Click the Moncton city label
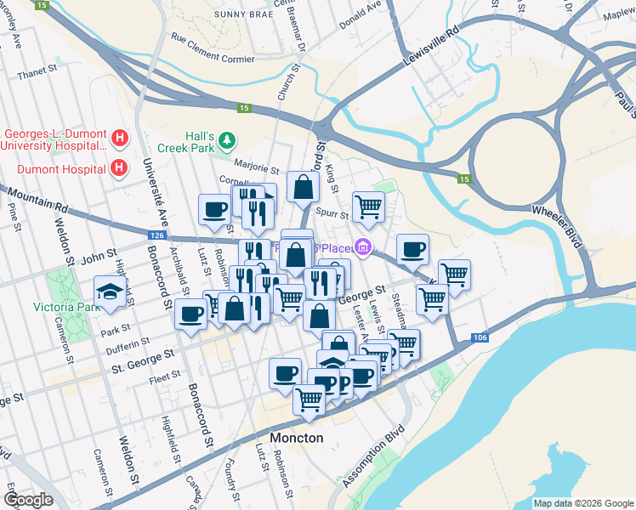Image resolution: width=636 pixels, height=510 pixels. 296,438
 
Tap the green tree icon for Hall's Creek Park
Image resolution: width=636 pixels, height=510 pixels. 226,139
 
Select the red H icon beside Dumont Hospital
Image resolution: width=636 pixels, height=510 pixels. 120,167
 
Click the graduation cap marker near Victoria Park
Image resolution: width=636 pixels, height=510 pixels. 110,292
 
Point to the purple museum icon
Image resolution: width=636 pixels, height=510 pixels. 363,247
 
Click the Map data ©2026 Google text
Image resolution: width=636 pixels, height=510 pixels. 583,503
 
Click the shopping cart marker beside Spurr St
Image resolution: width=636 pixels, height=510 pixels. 368,205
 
